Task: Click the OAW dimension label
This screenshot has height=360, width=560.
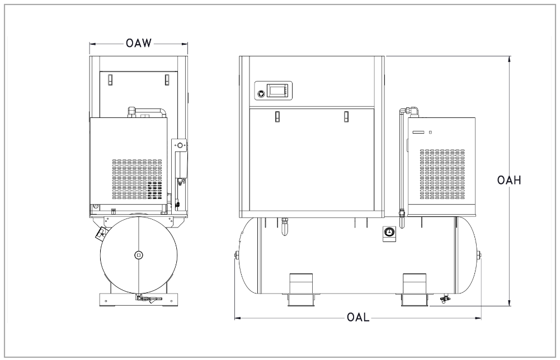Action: coord(139,43)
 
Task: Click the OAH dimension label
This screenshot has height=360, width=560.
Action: coord(509,180)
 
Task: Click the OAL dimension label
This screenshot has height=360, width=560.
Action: coord(358,317)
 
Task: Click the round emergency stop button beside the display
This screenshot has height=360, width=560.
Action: coord(261,93)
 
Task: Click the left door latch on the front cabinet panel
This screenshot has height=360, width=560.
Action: coord(277,117)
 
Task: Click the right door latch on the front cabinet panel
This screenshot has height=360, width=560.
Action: coord(346,117)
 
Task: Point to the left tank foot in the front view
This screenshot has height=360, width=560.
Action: coord(300,290)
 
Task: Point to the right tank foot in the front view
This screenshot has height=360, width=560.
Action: coord(415,290)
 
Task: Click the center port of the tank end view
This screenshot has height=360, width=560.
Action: coord(139,254)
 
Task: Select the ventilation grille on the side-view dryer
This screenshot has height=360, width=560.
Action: coord(137,179)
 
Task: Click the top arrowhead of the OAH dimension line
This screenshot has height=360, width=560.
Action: coord(510,59)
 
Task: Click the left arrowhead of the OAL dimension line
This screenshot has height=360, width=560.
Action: coord(238,318)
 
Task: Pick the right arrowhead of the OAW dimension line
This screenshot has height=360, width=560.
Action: coord(184,44)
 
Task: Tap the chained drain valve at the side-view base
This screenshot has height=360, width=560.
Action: coord(147,299)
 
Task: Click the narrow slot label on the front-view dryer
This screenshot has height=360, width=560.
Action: coord(420,132)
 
